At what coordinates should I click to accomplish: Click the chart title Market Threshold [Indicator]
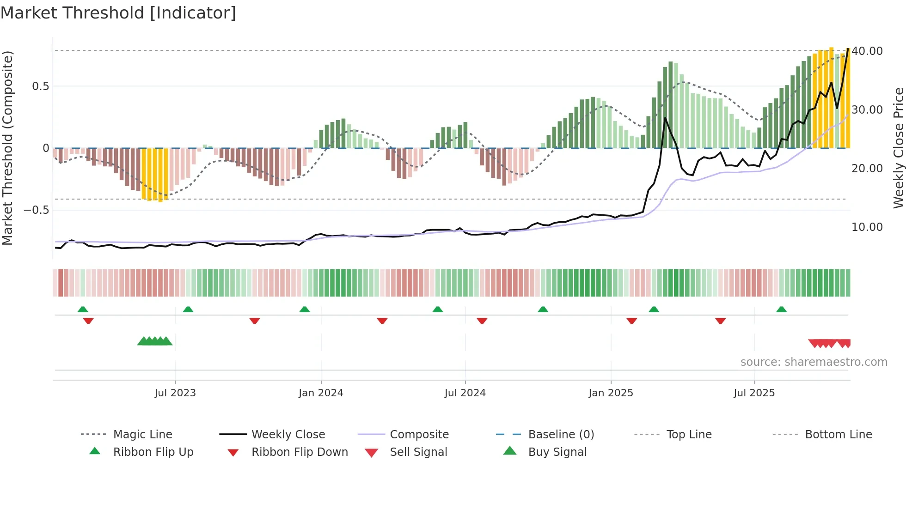pyautogui.click(x=118, y=13)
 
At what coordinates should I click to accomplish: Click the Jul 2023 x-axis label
pyautogui.click(x=175, y=393)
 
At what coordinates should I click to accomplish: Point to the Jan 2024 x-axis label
pyautogui.click(x=321, y=393)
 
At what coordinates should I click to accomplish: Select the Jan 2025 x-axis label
pyautogui.click(x=611, y=393)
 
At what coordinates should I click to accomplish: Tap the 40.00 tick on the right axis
pyautogui.click(x=867, y=51)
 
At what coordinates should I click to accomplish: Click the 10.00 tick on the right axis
pyautogui.click(x=867, y=227)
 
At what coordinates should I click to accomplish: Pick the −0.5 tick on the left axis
pyautogui.click(x=36, y=210)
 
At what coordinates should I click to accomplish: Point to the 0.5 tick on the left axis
pyautogui.click(x=40, y=86)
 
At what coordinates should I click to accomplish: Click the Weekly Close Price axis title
pyautogui.click(x=898, y=148)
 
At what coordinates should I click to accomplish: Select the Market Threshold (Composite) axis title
pyautogui.click(x=7, y=148)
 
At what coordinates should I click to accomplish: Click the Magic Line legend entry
pyautogui.click(x=142, y=435)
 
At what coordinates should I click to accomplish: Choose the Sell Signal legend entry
pyautogui.click(x=418, y=452)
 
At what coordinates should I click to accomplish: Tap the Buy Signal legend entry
pyautogui.click(x=557, y=452)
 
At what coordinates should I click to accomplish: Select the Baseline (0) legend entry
pyautogui.click(x=561, y=435)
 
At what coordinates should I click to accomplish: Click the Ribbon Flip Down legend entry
pyautogui.click(x=300, y=452)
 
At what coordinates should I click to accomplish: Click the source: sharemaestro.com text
pyautogui.click(x=814, y=362)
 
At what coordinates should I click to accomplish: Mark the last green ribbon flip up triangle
pyautogui.click(x=781, y=309)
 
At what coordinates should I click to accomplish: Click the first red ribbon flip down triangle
pyautogui.click(x=88, y=321)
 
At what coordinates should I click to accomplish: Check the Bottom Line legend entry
pyautogui.click(x=838, y=435)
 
